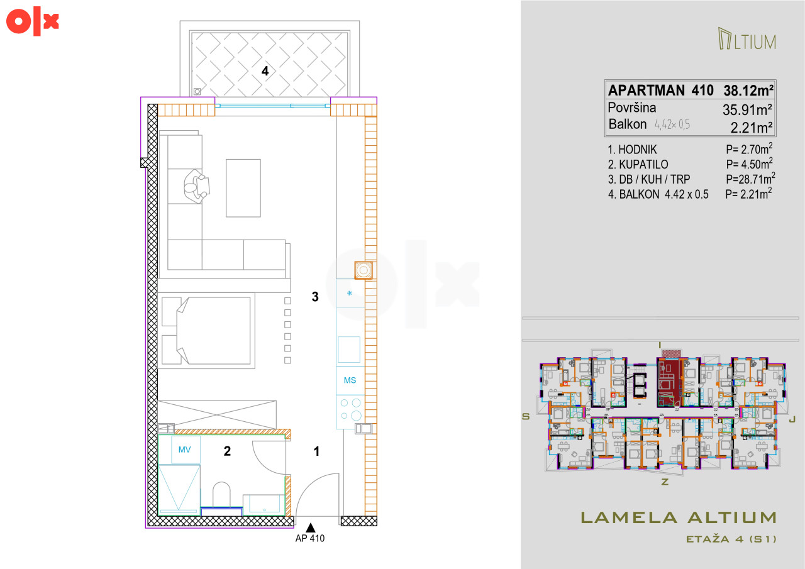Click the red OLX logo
coord(32,21)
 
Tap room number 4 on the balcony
coord(265,71)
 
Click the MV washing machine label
coord(184,450)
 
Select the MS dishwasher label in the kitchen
coord(350,380)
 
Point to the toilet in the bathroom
coord(221,494)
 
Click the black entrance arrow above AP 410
coord(311,528)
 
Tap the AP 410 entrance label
coord(310,538)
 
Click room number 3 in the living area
coord(315,296)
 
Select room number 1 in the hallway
coord(316,451)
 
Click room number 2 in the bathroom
coord(227,451)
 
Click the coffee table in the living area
coord(243,188)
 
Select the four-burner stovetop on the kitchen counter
coord(350,409)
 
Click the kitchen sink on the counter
coord(349,349)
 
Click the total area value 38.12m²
coord(748,90)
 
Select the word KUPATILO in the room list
coord(643,165)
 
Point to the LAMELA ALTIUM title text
coord(679,517)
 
